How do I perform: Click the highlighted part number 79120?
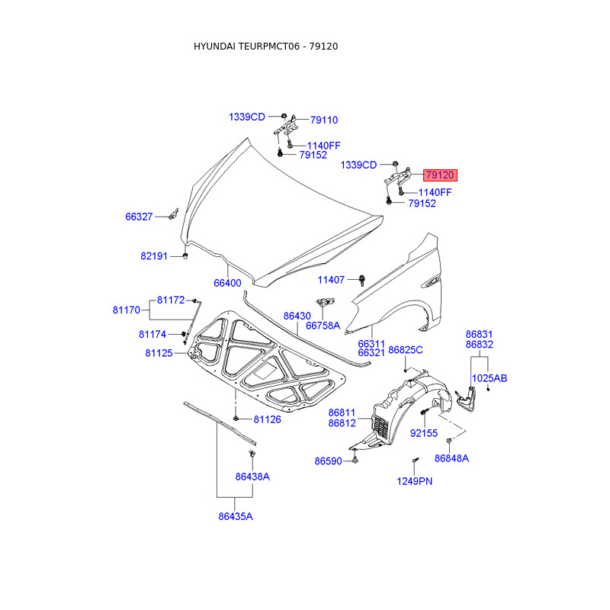click(x=440, y=175)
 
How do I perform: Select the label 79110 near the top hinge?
click(x=323, y=120)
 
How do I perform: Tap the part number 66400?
click(x=226, y=283)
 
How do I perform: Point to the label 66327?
click(x=140, y=217)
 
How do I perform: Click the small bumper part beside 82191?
click(x=185, y=255)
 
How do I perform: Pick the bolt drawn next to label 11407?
click(x=361, y=280)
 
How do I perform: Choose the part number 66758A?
click(x=323, y=326)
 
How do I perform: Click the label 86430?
click(x=297, y=315)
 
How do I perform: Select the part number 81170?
click(x=126, y=310)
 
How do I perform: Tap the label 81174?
click(x=152, y=334)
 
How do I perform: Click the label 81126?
click(x=268, y=419)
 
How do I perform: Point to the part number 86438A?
click(x=252, y=477)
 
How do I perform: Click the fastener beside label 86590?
click(x=355, y=461)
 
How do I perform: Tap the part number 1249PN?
click(x=414, y=480)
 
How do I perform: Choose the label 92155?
click(x=424, y=433)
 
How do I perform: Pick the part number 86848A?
click(x=451, y=458)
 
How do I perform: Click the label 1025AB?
click(x=489, y=377)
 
